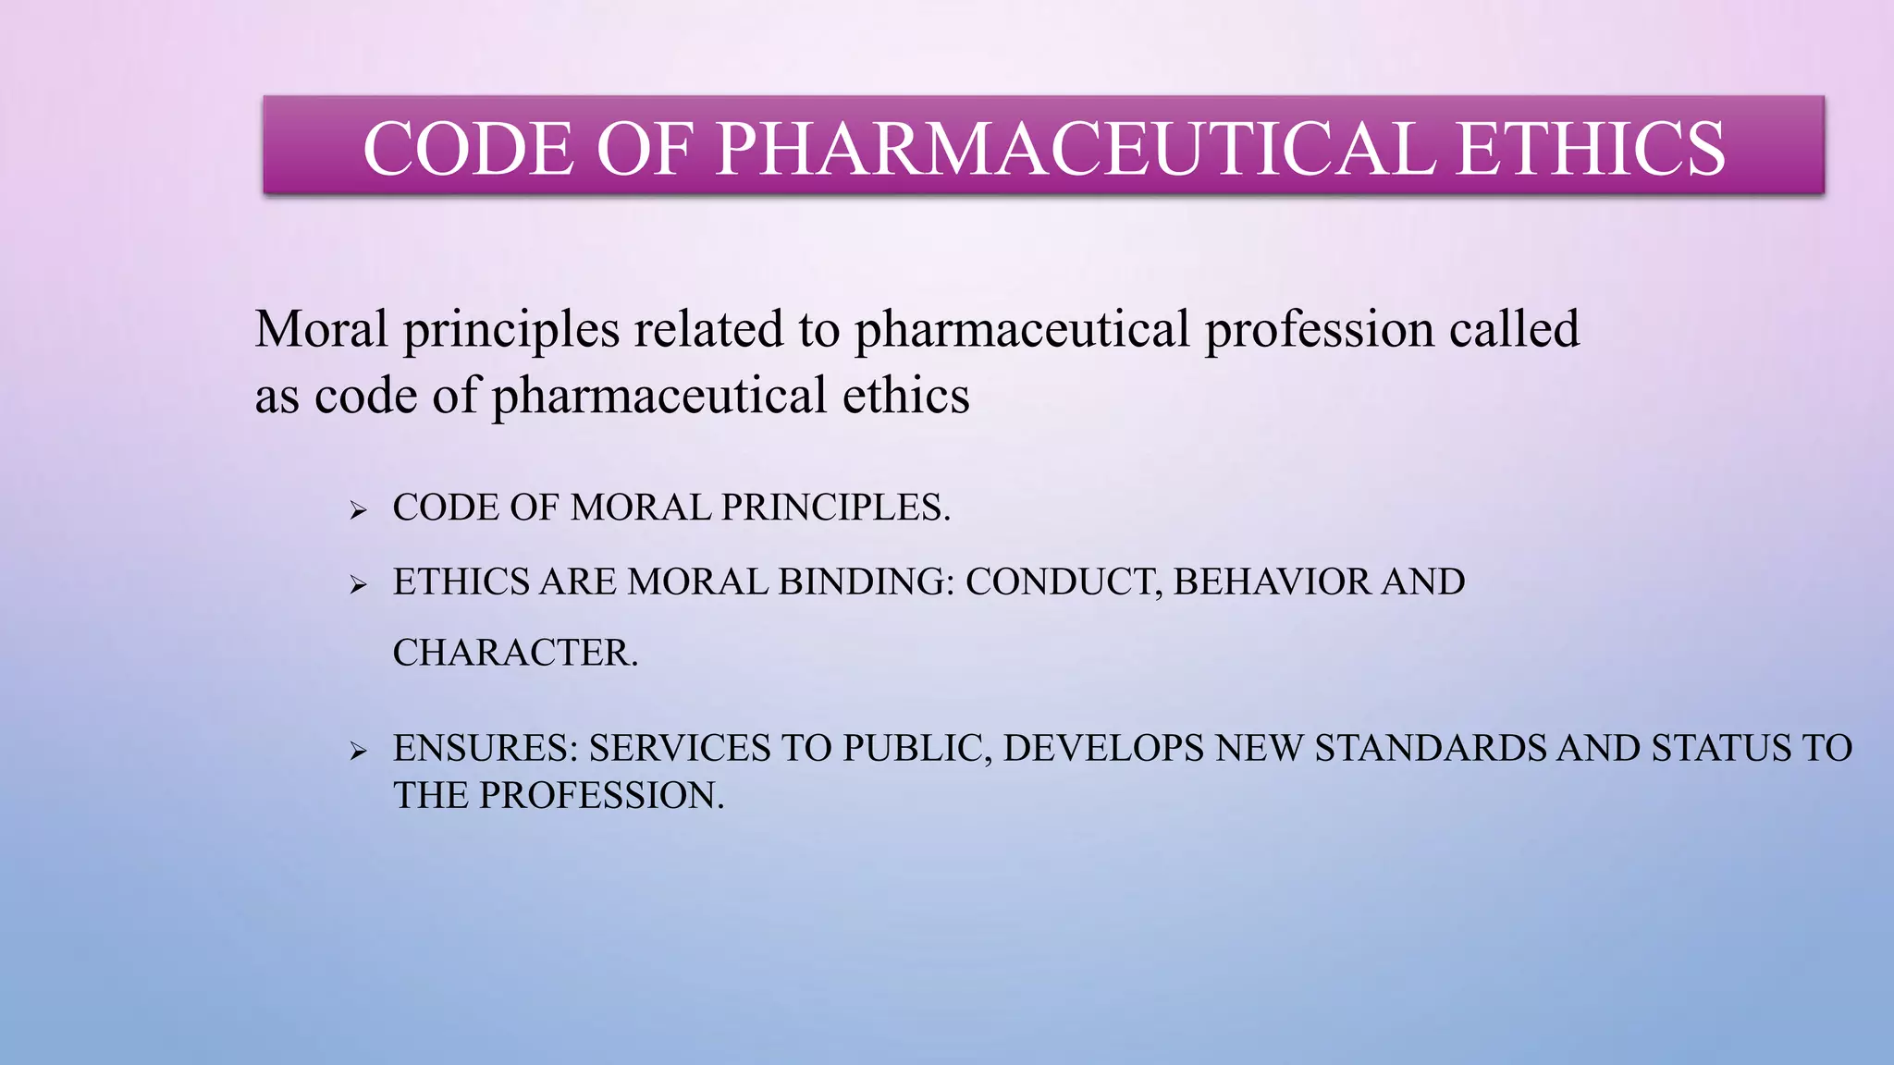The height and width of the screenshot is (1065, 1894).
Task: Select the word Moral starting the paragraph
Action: click(321, 329)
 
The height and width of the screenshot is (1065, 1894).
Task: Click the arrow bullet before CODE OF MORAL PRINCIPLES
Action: click(359, 510)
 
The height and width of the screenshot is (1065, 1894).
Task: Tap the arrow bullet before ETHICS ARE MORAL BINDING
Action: click(359, 584)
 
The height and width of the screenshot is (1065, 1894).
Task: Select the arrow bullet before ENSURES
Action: click(359, 751)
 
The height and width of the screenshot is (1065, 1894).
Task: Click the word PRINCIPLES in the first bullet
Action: click(835, 508)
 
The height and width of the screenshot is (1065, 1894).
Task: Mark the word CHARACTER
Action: click(515, 653)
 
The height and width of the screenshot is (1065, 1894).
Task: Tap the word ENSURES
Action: click(486, 748)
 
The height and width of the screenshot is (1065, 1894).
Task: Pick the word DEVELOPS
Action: click(1103, 748)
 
